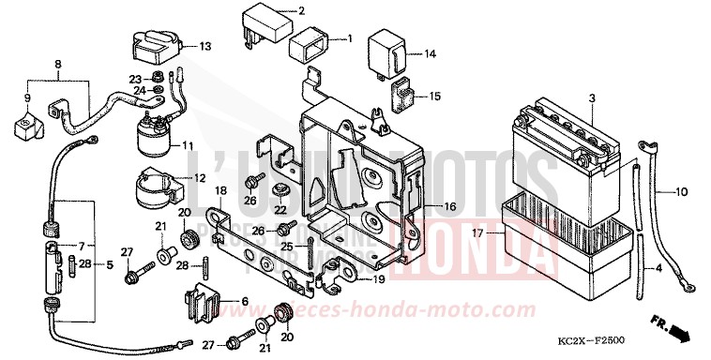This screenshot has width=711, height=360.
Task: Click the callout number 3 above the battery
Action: click(x=592, y=98)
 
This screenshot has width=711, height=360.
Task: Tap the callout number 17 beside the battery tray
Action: click(x=478, y=233)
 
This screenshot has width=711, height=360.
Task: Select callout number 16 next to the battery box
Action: click(x=450, y=206)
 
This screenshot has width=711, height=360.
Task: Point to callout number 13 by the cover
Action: click(x=205, y=46)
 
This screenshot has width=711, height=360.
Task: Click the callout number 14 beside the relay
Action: click(x=430, y=54)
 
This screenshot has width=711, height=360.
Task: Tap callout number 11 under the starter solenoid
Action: click(x=188, y=145)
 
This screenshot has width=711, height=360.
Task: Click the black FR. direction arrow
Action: click(x=679, y=334)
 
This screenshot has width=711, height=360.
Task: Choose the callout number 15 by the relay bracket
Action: click(x=434, y=96)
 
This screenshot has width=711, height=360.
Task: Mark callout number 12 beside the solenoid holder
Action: click(x=200, y=178)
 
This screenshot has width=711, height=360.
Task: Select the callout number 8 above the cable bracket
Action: click(x=58, y=65)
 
